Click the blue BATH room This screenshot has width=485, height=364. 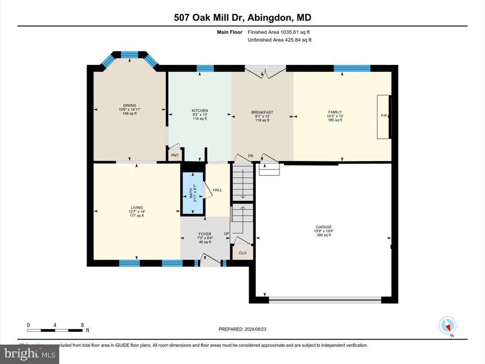click(193, 193)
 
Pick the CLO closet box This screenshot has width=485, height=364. click(242, 253)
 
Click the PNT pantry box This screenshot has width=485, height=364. click(174, 155)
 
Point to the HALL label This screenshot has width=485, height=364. click(217, 190)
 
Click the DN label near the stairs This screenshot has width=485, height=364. click(251, 155)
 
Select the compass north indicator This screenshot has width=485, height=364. click(448, 326)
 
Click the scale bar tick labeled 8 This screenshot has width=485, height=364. click(82, 325)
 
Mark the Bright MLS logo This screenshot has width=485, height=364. click(29, 354)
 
